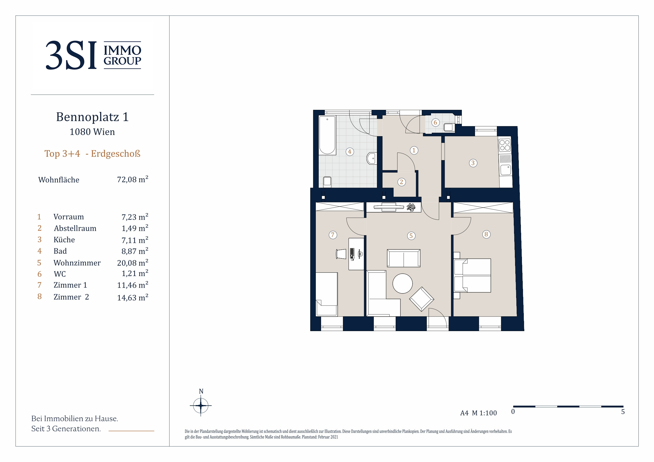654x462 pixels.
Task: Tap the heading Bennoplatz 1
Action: point(92,117)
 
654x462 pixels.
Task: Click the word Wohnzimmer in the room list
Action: point(77,263)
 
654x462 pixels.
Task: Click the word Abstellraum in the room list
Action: point(75,228)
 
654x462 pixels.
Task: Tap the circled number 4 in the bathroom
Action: point(350,152)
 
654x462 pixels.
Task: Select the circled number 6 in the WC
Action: point(435,123)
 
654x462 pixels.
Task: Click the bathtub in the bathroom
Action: point(327,135)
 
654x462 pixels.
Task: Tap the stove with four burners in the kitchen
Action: point(505,145)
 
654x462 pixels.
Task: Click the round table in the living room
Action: point(403,283)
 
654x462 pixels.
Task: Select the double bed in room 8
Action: point(472,276)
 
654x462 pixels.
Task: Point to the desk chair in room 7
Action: point(341,254)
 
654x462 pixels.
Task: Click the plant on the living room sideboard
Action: point(411,207)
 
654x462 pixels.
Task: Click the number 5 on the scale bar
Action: point(623,412)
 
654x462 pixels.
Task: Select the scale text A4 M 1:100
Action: point(478,413)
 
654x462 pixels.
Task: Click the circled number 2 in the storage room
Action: point(401,182)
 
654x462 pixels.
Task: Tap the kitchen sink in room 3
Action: point(506,170)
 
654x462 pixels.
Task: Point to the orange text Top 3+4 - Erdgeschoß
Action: point(92,154)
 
